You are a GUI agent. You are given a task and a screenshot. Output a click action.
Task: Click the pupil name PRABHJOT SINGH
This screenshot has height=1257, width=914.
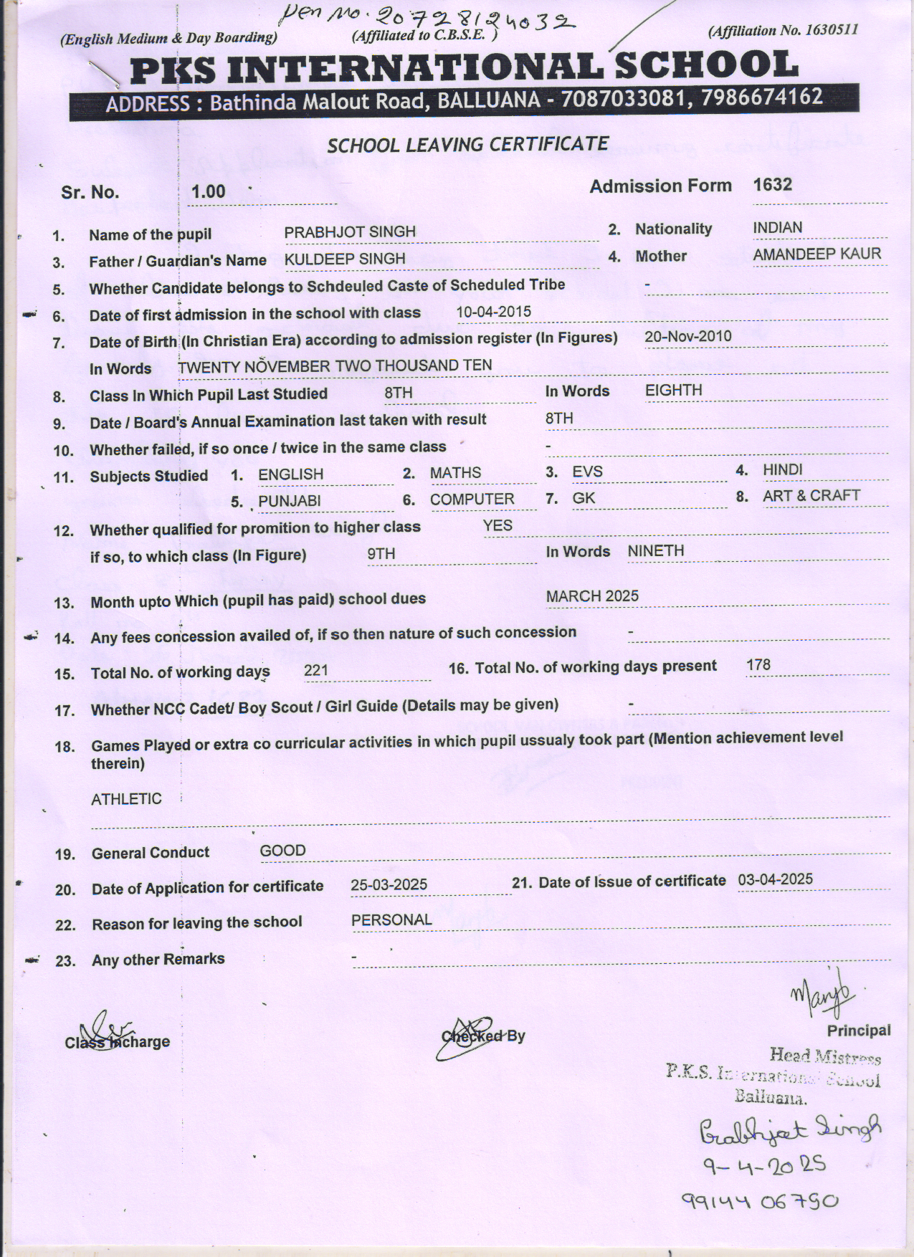click(x=350, y=232)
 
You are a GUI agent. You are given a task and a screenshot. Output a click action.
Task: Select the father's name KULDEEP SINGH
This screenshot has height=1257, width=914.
click(x=345, y=259)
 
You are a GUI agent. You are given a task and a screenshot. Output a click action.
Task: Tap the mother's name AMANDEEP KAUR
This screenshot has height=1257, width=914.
click(x=817, y=254)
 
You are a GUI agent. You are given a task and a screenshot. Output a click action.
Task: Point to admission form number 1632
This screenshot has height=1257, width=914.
click(x=772, y=185)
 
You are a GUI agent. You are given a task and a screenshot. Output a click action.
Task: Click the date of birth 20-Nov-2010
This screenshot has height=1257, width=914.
click(x=687, y=336)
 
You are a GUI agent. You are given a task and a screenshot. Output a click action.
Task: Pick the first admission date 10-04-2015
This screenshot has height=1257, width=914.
click(x=494, y=312)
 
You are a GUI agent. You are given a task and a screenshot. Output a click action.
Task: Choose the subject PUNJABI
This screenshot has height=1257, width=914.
click(x=289, y=501)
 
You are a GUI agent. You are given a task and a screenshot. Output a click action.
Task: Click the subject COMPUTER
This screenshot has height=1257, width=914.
click(x=472, y=500)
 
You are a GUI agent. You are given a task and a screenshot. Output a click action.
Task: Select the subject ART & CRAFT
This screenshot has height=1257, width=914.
click(x=811, y=496)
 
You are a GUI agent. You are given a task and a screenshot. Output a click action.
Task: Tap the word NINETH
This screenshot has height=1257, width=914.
click(x=655, y=551)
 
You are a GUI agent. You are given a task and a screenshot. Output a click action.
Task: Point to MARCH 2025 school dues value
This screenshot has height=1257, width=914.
click(x=592, y=596)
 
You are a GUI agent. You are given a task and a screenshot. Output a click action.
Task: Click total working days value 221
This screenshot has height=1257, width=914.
click(x=316, y=670)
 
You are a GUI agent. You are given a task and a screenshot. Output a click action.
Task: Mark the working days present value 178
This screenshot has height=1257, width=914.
click(x=758, y=665)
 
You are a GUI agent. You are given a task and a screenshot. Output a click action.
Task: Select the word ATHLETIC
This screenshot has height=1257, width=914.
click(x=126, y=799)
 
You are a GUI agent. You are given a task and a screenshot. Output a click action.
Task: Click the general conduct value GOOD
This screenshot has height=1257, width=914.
click(x=282, y=851)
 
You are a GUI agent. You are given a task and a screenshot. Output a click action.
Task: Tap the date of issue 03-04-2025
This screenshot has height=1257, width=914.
click(x=775, y=879)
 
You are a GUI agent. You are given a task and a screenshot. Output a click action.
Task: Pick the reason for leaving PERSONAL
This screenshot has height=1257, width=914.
click(x=391, y=920)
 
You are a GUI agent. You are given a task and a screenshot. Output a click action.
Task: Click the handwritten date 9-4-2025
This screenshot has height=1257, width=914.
click(x=764, y=1166)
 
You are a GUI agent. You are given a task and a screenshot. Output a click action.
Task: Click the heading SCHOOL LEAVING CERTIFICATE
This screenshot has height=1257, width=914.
click(x=467, y=145)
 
